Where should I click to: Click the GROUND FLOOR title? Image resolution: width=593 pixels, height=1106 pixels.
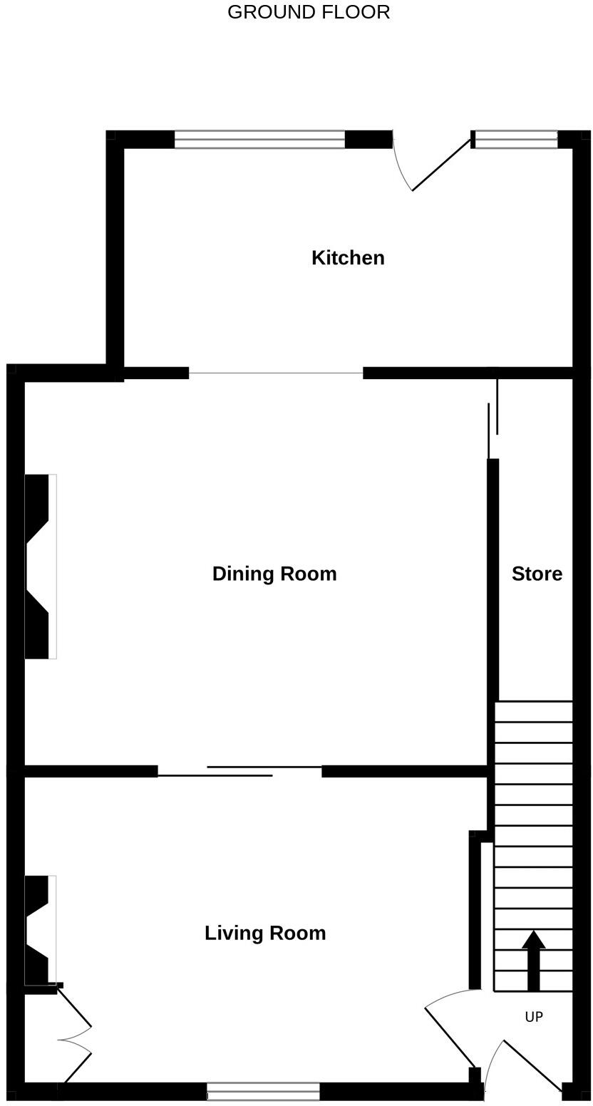coord(309,12)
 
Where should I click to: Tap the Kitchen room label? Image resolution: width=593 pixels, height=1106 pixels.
coord(348,258)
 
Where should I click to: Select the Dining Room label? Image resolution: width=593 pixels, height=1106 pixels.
coord(274,574)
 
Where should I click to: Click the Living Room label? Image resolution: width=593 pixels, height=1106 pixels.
coord(265,933)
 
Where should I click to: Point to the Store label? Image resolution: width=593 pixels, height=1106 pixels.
coord(537,574)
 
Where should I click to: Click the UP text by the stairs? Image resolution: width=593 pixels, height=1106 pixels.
coord(534,1017)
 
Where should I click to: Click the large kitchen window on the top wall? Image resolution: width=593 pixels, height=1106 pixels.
coord(259,140)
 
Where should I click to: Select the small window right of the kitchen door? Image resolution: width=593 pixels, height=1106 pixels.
coord(516,140)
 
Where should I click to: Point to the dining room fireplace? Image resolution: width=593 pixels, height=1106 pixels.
coord(39,567)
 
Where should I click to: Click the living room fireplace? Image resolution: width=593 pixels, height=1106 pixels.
coord(39,930)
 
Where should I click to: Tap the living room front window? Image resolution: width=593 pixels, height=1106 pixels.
coord(263,1091)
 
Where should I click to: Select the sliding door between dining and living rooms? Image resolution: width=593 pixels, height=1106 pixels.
coord(239,771)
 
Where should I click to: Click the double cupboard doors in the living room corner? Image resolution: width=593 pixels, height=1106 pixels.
coord(75,1037)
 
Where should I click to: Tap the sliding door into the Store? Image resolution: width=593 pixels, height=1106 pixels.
coord(493,420)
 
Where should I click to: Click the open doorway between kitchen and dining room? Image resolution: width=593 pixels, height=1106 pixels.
coord(276,373)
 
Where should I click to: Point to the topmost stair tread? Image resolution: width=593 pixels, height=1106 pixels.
coord(534,711)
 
